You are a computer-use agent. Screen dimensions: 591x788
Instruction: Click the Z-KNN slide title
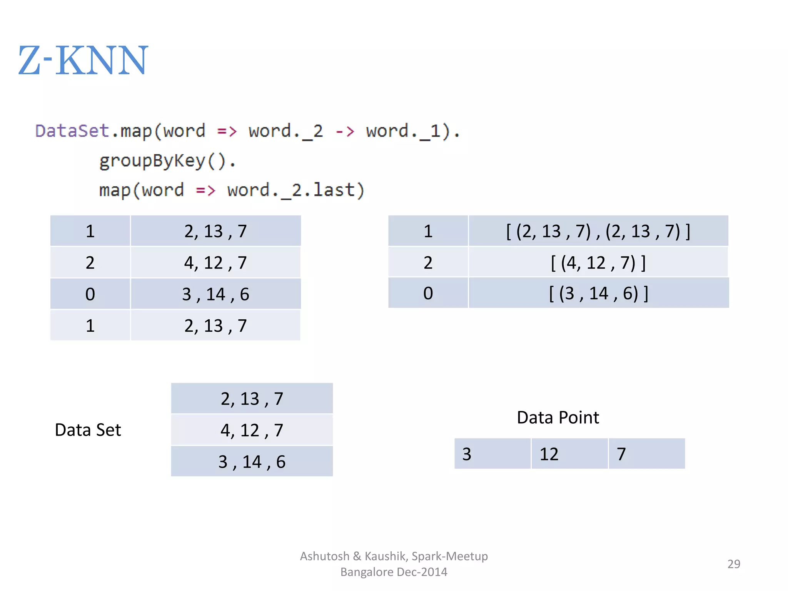(x=83, y=60)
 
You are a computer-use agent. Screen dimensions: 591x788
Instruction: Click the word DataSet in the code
(x=72, y=131)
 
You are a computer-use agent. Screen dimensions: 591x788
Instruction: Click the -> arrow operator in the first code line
(x=344, y=131)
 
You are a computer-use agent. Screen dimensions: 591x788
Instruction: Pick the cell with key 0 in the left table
(x=90, y=294)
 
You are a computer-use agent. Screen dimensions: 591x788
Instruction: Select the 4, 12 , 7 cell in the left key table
(x=215, y=262)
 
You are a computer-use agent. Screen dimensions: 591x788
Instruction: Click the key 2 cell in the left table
(x=90, y=262)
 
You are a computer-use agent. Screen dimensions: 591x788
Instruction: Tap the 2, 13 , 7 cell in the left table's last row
(x=215, y=326)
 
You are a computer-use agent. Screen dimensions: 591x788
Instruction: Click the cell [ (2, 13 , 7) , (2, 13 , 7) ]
(x=598, y=231)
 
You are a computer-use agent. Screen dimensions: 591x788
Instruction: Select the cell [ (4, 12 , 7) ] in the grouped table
(x=598, y=262)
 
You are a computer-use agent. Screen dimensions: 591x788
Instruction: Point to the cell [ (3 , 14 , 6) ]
(x=598, y=293)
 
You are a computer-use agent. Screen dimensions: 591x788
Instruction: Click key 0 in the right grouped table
(x=428, y=293)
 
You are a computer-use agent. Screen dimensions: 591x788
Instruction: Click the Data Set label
(x=88, y=430)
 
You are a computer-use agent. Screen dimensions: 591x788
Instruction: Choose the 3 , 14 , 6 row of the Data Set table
(x=252, y=461)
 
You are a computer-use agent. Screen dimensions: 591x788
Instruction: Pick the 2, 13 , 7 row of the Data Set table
(x=252, y=399)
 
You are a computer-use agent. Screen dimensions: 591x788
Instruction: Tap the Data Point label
(x=558, y=417)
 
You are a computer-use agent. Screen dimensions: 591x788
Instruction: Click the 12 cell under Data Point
(x=569, y=454)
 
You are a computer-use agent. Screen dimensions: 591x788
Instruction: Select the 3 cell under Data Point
(x=492, y=454)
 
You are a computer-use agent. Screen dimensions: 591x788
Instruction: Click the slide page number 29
(x=733, y=564)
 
